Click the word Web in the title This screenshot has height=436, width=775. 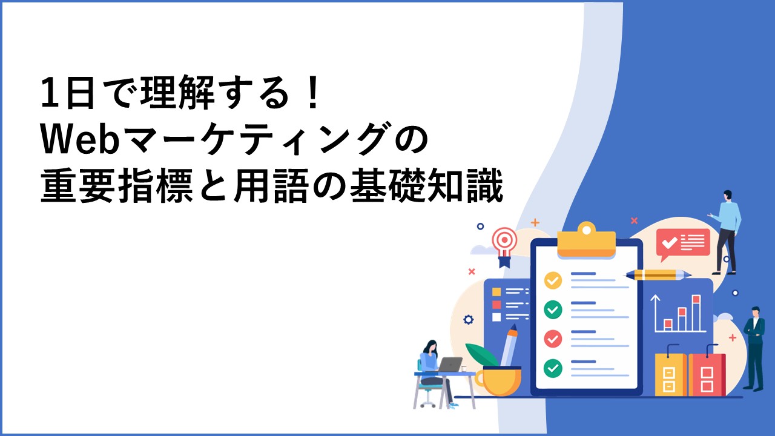coord(81,139)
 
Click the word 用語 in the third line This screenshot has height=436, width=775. coord(271,185)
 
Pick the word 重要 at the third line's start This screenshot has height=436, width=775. coord(77,185)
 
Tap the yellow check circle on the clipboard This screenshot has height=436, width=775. coord(553,280)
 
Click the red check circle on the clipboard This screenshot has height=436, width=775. coord(553,339)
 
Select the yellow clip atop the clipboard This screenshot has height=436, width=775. coord(587,240)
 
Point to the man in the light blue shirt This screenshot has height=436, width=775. coord(726,232)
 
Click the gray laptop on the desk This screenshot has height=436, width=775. coord(450,365)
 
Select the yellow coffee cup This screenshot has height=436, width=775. coord(498,381)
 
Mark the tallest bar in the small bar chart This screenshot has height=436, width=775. coord(696,313)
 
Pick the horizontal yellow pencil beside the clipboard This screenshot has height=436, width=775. coord(658,275)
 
